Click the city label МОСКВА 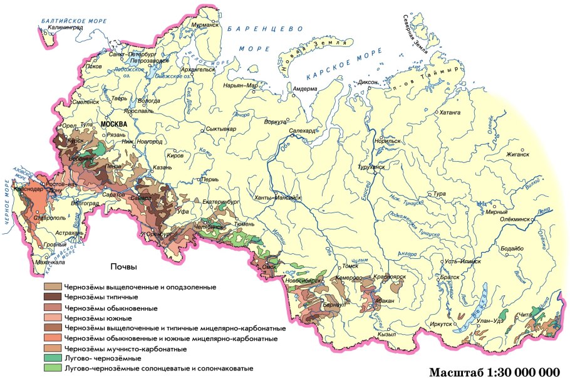[x=113, y=124]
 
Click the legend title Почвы [x=123, y=266]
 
